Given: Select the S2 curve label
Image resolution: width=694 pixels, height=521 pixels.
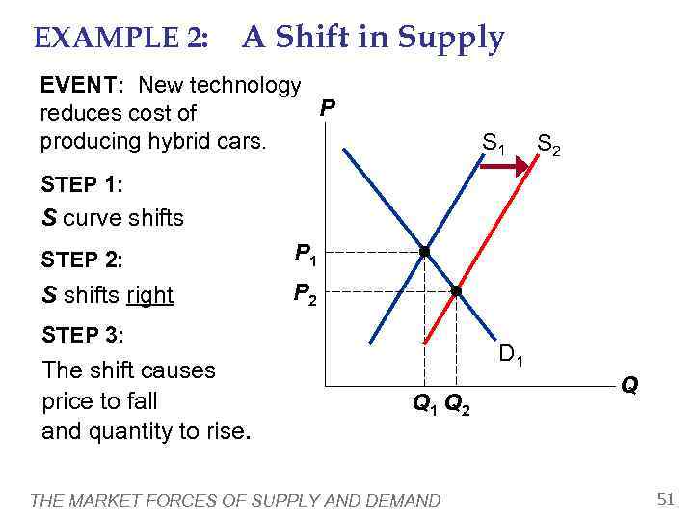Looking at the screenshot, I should pos(550,146).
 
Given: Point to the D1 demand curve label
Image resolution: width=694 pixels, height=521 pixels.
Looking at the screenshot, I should pos(511,356).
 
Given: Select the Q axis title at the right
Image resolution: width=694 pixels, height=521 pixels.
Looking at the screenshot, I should pos(628,385).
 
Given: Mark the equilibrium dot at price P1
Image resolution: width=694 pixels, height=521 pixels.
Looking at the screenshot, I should pos(423,252).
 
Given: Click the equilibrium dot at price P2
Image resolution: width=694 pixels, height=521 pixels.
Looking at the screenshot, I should pos(456,290).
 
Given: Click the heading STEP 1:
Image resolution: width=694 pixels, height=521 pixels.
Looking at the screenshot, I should pos(83,183).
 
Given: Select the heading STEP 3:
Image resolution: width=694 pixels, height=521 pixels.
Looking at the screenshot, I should pos(83,335).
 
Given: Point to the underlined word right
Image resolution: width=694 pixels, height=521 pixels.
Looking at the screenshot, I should pos(149,296).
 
